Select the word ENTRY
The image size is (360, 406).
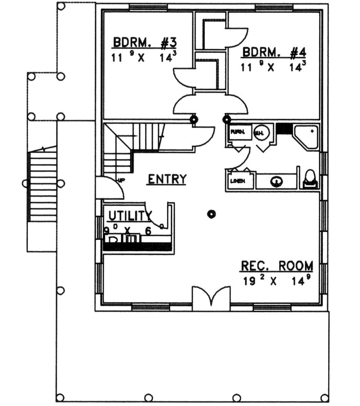click(x=167, y=179)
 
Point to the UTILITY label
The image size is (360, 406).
click(x=129, y=216)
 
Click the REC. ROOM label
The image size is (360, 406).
click(x=276, y=266)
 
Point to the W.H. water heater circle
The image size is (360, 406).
click(x=260, y=133)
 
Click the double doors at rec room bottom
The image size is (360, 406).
click(x=211, y=298)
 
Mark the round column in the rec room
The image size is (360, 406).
click(x=211, y=214)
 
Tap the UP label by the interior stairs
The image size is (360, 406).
click(x=122, y=180)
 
